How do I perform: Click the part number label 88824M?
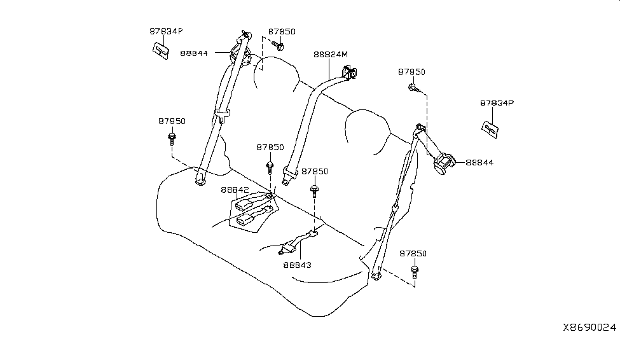pos(331,55)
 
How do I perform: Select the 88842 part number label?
pos(235,190)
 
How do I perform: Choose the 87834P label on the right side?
pos(497,102)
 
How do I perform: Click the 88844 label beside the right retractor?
pos(479,163)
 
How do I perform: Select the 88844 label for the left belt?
pos(194,53)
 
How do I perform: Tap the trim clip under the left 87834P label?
pos(161,50)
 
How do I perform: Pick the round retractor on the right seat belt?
pos(443,163)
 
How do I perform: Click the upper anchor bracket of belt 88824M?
pos(350,74)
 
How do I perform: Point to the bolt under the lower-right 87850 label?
pos(413,272)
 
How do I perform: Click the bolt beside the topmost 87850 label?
pos(279,45)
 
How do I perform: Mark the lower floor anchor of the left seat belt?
pos(200,181)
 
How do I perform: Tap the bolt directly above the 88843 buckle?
pos(314,190)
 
